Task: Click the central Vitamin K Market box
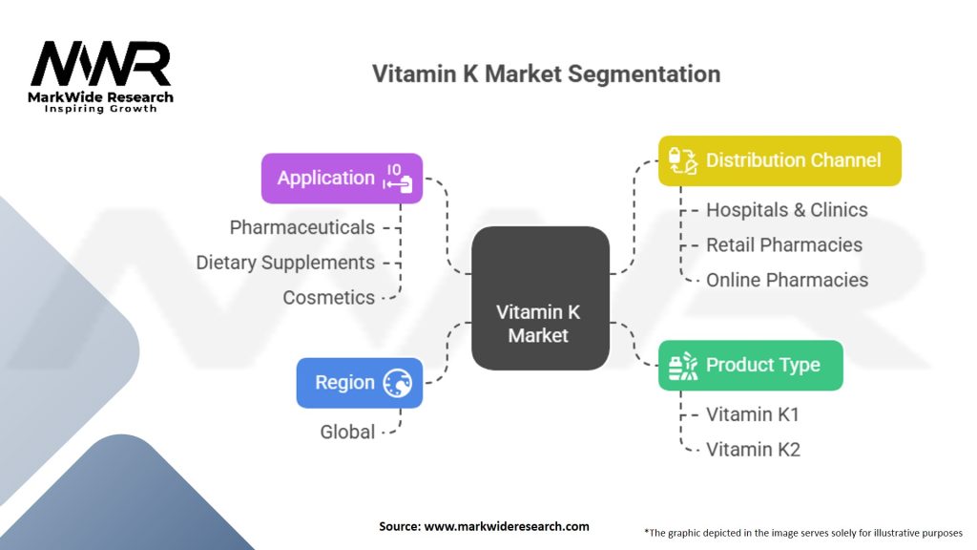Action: coord(540,298)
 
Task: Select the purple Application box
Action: coord(342,178)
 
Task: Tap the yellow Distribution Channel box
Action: coord(780,160)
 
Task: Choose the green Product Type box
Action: coord(751,365)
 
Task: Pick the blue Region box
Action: coord(359,383)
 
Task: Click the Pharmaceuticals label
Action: coord(302,227)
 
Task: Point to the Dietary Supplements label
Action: coord(285,263)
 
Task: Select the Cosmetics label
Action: coord(329,297)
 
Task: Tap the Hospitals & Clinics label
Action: coord(787,210)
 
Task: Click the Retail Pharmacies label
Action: coord(784,245)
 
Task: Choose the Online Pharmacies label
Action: coord(787,280)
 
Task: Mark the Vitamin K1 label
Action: coord(753,414)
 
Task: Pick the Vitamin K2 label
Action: coord(753,449)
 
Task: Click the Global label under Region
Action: coord(347,432)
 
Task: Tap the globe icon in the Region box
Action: coord(397,384)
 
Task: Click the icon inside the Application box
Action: coord(399,178)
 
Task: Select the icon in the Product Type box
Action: coord(682,366)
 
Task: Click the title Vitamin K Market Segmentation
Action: coord(546,74)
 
